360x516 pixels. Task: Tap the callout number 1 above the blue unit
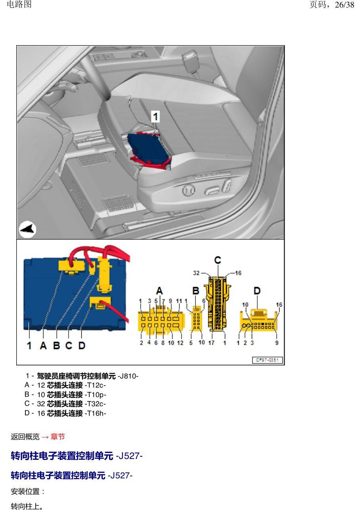(x=155, y=117)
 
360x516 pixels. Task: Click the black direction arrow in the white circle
(x=27, y=229)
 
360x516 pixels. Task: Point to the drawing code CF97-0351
(x=267, y=360)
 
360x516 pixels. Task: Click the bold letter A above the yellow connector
(x=159, y=291)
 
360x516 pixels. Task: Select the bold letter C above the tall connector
(x=218, y=260)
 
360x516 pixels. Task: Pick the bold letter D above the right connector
(x=257, y=291)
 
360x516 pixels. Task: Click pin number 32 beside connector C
(x=196, y=273)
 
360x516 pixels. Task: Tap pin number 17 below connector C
(x=211, y=343)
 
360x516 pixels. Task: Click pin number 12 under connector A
(x=180, y=343)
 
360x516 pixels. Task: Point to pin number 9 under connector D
(x=277, y=343)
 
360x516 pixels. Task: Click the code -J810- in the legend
(x=128, y=376)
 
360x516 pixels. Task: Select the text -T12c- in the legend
(x=95, y=385)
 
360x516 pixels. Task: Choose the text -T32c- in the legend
(x=95, y=404)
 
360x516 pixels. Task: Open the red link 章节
(x=57, y=437)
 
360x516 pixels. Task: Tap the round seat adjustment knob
(x=189, y=190)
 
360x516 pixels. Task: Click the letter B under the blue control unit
(x=56, y=346)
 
